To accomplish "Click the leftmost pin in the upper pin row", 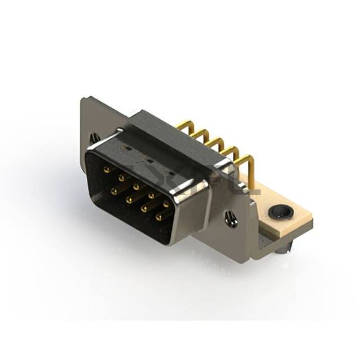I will coord(106,169).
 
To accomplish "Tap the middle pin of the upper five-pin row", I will coord(136,186).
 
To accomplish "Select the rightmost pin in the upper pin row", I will coord(166,203).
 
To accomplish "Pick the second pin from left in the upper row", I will coord(121,177).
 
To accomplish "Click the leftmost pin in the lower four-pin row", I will coord(114,192).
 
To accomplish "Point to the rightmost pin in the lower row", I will coord(159,217).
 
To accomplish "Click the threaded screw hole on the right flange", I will coord(231,218).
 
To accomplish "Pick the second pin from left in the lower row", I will coord(129,200).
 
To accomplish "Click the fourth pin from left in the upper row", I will coord(151,194).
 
